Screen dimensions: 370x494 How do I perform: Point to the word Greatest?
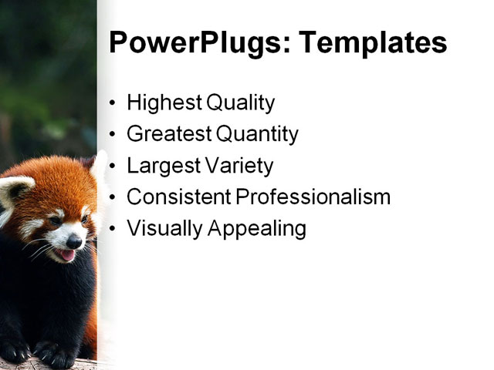pos(168,134)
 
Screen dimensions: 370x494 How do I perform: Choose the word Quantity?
pos(257,134)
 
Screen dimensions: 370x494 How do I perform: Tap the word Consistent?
pos(178,197)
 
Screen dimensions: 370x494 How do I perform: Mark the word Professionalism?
pos(313,197)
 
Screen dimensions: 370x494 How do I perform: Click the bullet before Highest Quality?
pos(113,103)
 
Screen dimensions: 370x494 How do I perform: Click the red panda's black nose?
pos(73,241)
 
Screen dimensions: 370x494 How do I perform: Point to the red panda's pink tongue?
pos(68,254)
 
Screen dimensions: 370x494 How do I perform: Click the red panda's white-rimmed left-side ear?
pos(15,190)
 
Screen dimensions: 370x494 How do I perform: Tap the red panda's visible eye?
pos(55,221)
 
